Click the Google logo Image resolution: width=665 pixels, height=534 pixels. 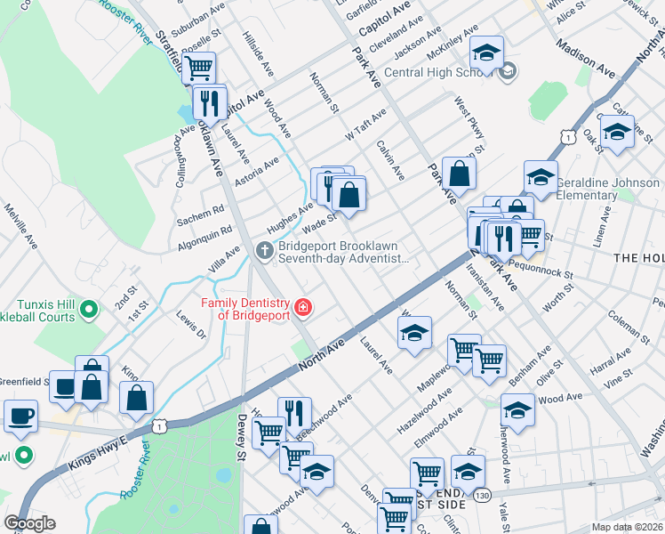click(29, 523)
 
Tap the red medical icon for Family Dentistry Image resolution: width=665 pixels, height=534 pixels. click(303, 308)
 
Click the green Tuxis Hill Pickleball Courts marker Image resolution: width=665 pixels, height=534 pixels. click(88, 309)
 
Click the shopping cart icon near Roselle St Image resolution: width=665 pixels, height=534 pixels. click(199, 66)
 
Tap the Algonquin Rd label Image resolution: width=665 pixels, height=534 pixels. click(194, 236)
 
